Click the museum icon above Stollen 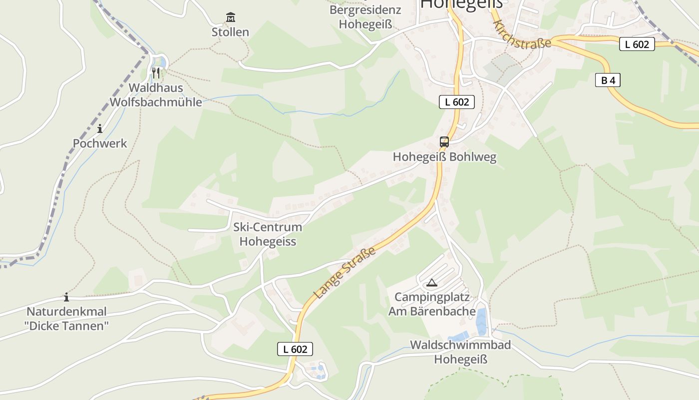tap(230, 17)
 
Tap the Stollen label tap(230, 32)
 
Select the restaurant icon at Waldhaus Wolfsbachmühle tap(156, 73)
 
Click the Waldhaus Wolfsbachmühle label tap(156, 95)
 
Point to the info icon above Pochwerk tap(100, 129)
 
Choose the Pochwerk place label tap(100, 143)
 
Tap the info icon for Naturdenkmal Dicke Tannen tap(66, 297)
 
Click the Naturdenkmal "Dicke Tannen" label tap(66, 319)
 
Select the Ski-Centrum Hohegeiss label tap(268, 234)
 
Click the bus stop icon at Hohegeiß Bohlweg tap(444, 142)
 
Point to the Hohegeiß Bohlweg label tap(444, 157)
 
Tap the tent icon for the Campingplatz tap(431, 283)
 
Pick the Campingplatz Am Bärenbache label tap(432, 304)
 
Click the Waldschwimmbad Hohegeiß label tap(460, 352)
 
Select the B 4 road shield tap(608, 80)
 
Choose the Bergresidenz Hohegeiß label tap(365, 17)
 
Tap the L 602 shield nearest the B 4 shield tap(637, 44)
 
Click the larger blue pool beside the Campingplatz tap(481, 321)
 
